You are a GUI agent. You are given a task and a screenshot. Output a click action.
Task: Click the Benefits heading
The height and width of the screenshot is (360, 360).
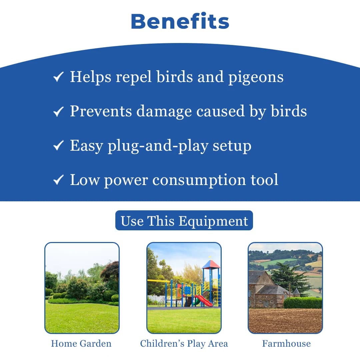(x=180, y=22)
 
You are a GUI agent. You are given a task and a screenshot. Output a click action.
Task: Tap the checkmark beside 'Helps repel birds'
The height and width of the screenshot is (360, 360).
(x=58, y=78)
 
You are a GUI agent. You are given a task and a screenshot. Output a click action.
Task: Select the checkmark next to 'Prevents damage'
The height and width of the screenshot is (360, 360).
(x=58, y=112)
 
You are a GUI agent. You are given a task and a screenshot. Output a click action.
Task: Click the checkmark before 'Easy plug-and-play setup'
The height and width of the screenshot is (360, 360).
(x=58, y=146)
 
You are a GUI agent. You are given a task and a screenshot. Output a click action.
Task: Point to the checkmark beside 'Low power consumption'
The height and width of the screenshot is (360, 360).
(x=58, y=180)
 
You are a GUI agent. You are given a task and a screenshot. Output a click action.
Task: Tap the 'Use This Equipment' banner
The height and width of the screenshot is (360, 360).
(x=184, y=221)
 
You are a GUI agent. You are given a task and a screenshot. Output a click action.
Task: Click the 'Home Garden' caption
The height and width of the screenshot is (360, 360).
(x=81, y=344)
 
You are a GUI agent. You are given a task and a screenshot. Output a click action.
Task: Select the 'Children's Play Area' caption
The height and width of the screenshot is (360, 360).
(x=184, y=344)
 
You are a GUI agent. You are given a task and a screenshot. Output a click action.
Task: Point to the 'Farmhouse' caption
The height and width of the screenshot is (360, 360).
(x=286, y=344)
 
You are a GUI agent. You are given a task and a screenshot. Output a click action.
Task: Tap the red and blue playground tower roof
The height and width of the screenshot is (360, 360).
(x=211, y=264)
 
